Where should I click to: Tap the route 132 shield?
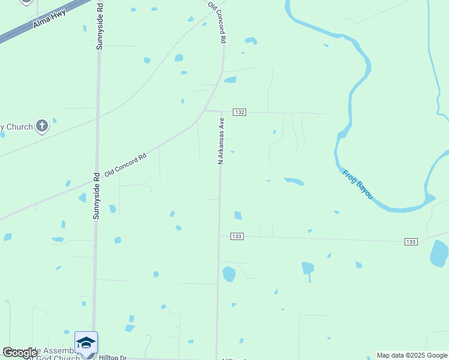tap(240, 112)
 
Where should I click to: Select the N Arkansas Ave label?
tap(221, 141)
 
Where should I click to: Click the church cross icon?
tap(41, 126)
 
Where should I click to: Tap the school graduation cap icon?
tap(86, 343)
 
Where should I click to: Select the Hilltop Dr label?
tap(113, 357)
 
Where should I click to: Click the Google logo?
tap(20, 353)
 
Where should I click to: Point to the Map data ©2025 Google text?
tap(412, 355)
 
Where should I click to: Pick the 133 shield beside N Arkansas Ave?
tap(237, 236)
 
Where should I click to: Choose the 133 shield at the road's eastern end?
tap(411, 241)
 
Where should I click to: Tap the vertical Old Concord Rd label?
tap(217, 22)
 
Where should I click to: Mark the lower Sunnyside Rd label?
tap(96, 196)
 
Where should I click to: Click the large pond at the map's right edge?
tap(439, 253)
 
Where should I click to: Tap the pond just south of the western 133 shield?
tap(229, 274)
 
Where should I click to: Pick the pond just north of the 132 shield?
tap(231, 79)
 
